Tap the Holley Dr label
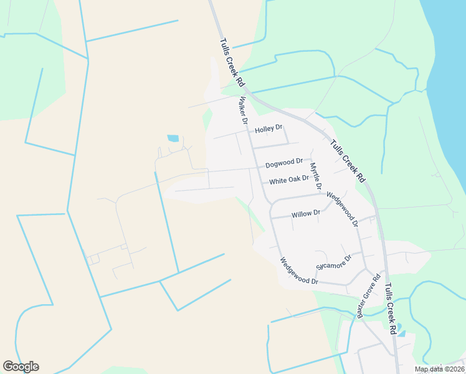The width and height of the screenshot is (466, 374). point(269,130)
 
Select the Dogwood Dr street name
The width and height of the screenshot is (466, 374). point(284,163)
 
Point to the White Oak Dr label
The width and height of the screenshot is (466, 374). point(289,180)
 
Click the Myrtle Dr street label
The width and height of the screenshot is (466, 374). point(316,176)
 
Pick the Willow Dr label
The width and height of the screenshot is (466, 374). point(306,213)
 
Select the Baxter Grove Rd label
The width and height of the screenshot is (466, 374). point(368,297)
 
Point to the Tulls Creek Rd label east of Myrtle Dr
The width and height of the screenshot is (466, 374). point(348,160)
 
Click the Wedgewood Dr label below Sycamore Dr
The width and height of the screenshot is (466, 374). point(299,272)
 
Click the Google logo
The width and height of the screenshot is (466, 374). point(21,367)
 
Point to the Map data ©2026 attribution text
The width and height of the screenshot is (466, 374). point(439,369)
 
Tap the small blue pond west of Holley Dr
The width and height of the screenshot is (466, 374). point(173,138)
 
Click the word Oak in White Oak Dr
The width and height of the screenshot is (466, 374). point(293,180)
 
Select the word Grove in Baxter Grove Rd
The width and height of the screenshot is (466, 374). point(368,296)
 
